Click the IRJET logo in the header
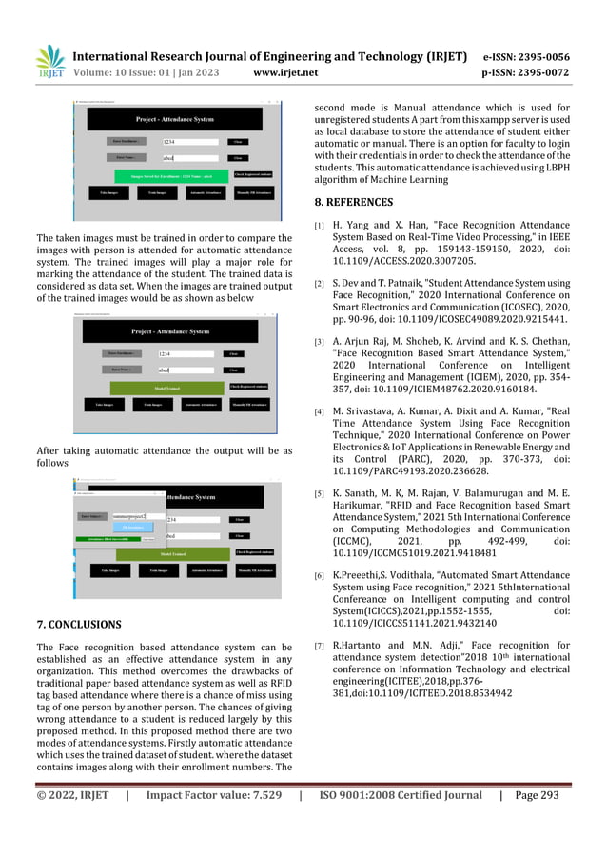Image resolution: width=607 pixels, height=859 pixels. [49, 61]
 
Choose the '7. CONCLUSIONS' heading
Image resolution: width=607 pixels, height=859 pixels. [78, 625]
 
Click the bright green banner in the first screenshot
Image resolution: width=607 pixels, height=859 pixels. [172, 176]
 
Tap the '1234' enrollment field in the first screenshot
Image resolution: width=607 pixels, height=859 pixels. [190, 141]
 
